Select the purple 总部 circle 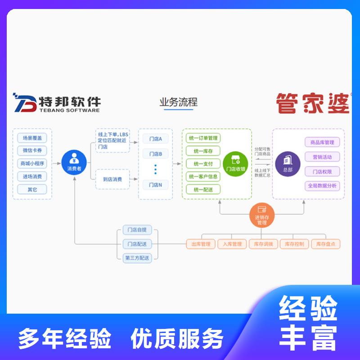point(288,163)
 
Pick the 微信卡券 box point(32,151)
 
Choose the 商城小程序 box point(32,163)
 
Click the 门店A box point(155,139)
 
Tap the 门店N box point(155,184)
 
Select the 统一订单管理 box point(203,138)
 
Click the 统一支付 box point(203,164)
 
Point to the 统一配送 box point(203,190)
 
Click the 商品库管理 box point(322,143)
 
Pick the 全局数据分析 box point(322,185)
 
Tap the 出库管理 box point(201,244)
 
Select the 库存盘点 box point(325,244)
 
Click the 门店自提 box point(136,230)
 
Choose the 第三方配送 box point(136,258)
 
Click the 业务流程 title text point(178,102)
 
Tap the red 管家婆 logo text point(312,103)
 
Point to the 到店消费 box point(112,179)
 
